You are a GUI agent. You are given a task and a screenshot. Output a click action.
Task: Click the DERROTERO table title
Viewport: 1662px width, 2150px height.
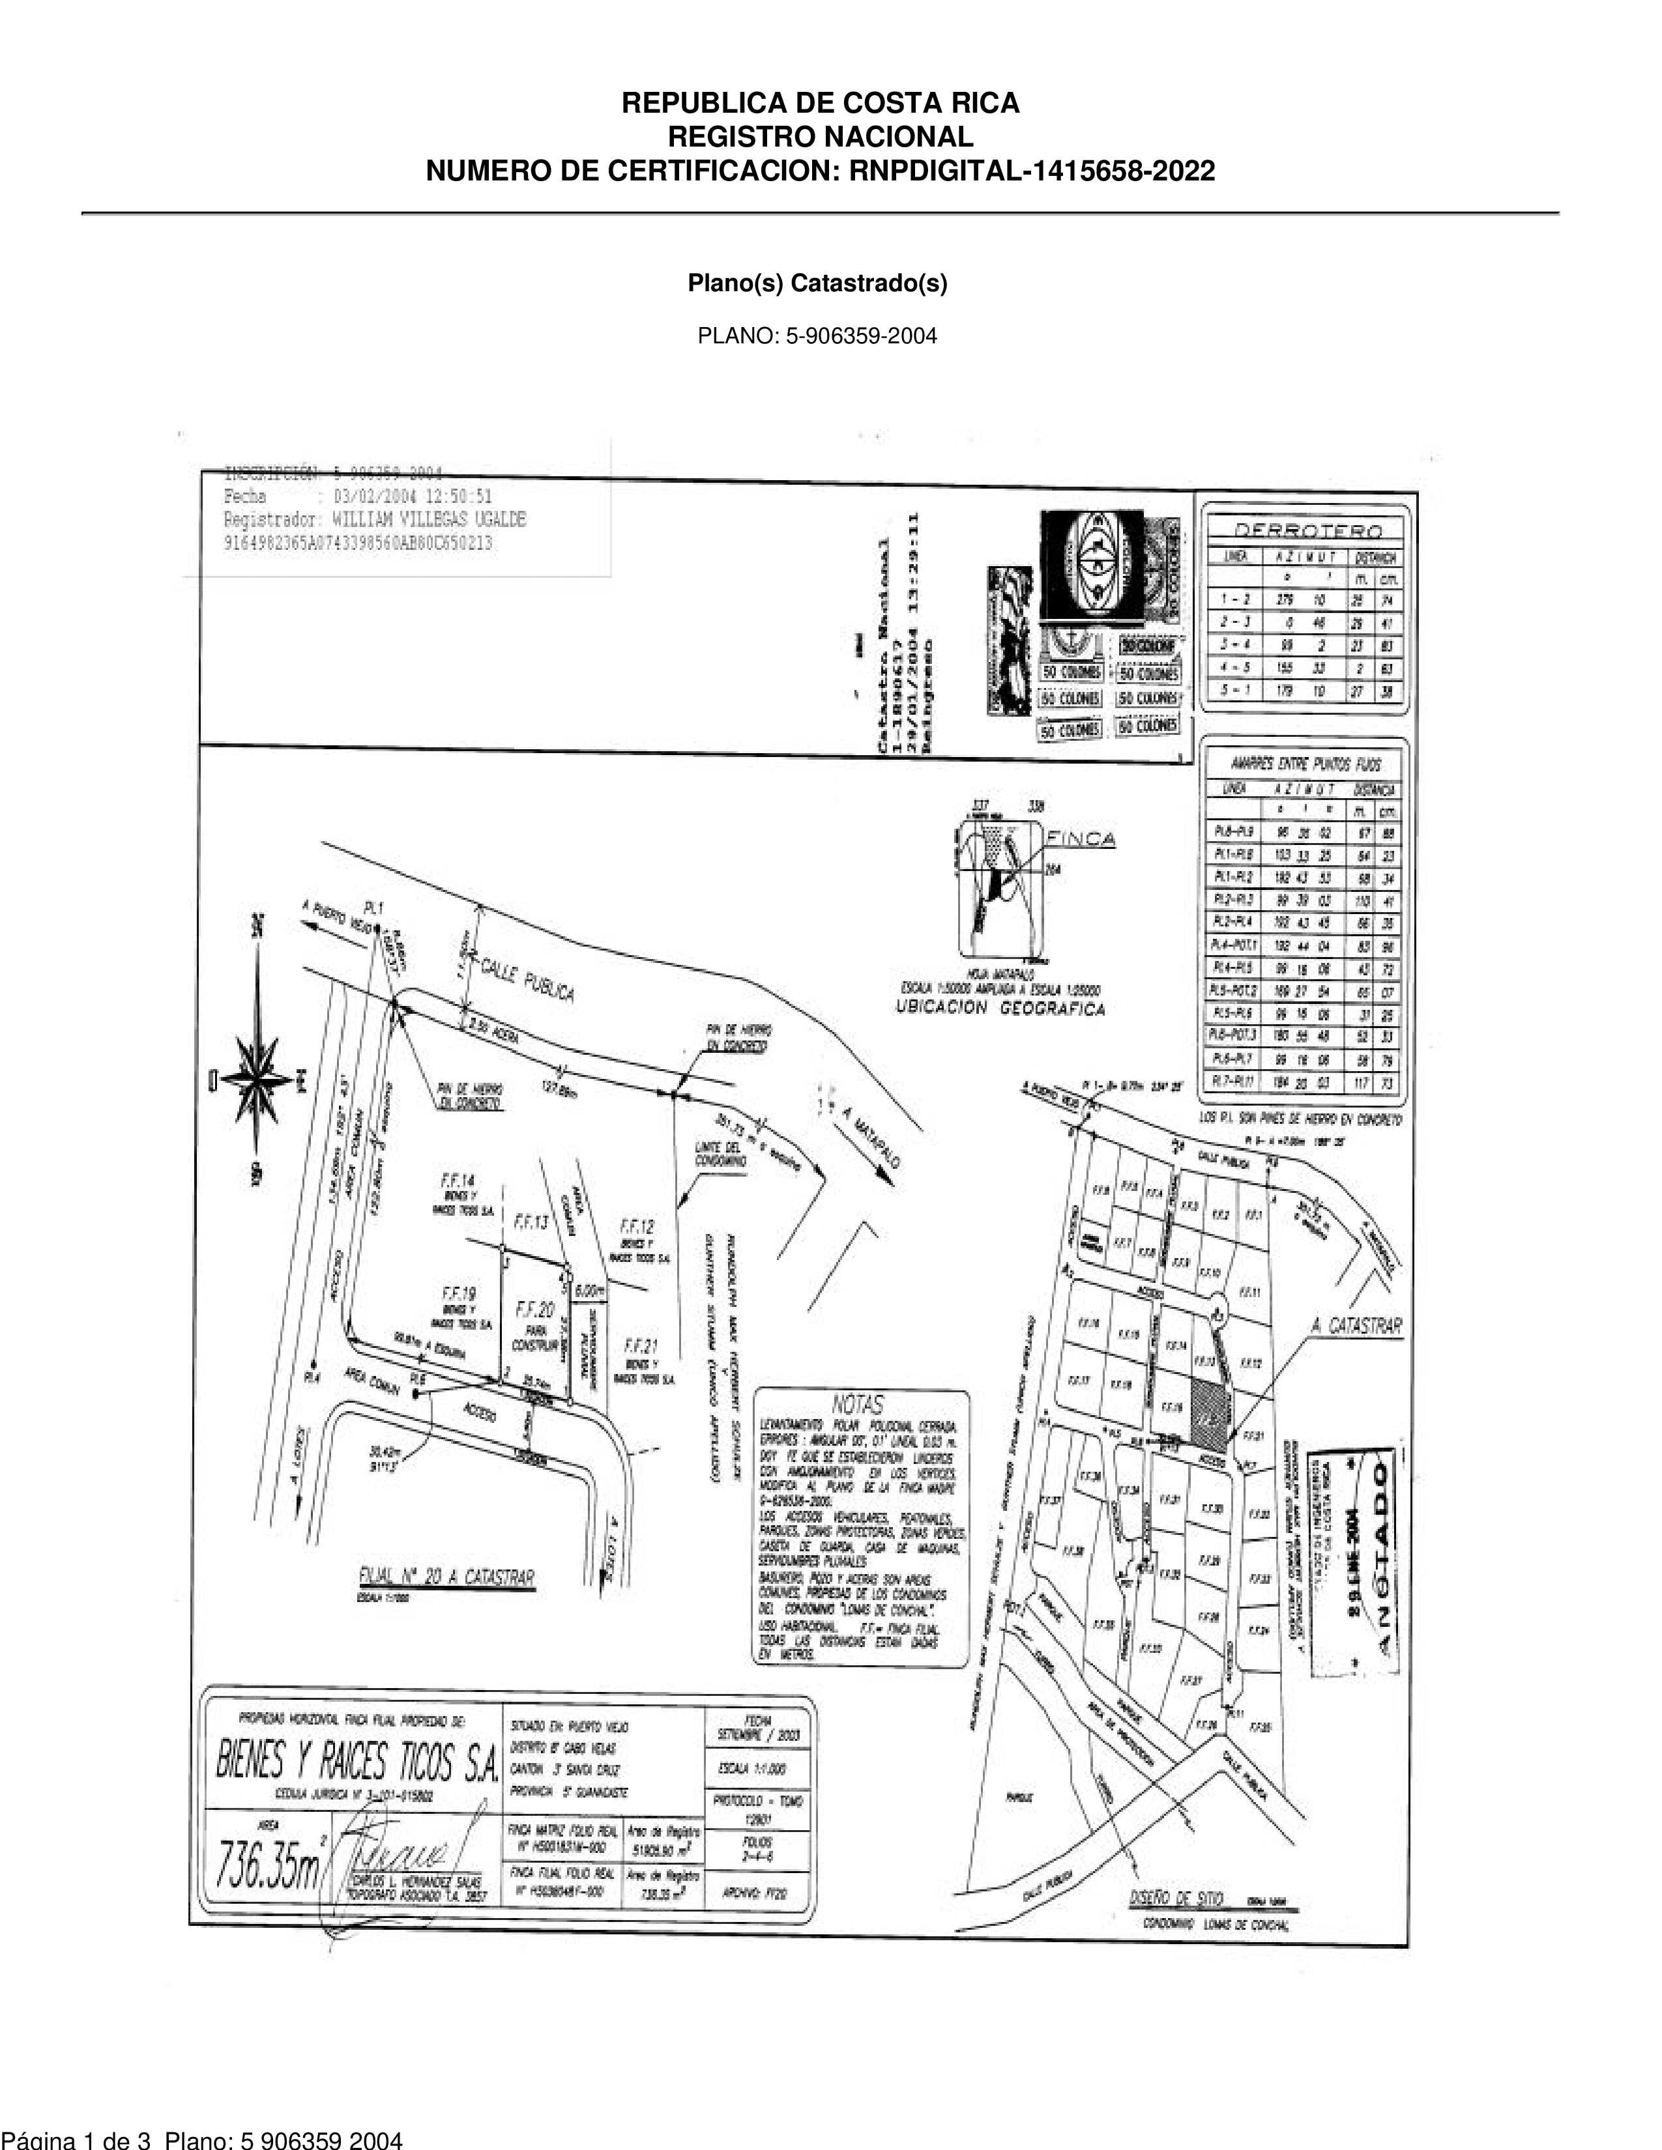[1307, 530]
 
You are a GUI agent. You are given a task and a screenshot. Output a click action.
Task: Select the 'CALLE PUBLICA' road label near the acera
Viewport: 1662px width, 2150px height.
[528, 977]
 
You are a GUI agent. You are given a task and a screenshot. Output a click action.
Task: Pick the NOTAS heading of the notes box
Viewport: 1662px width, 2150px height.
[858, 1404]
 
